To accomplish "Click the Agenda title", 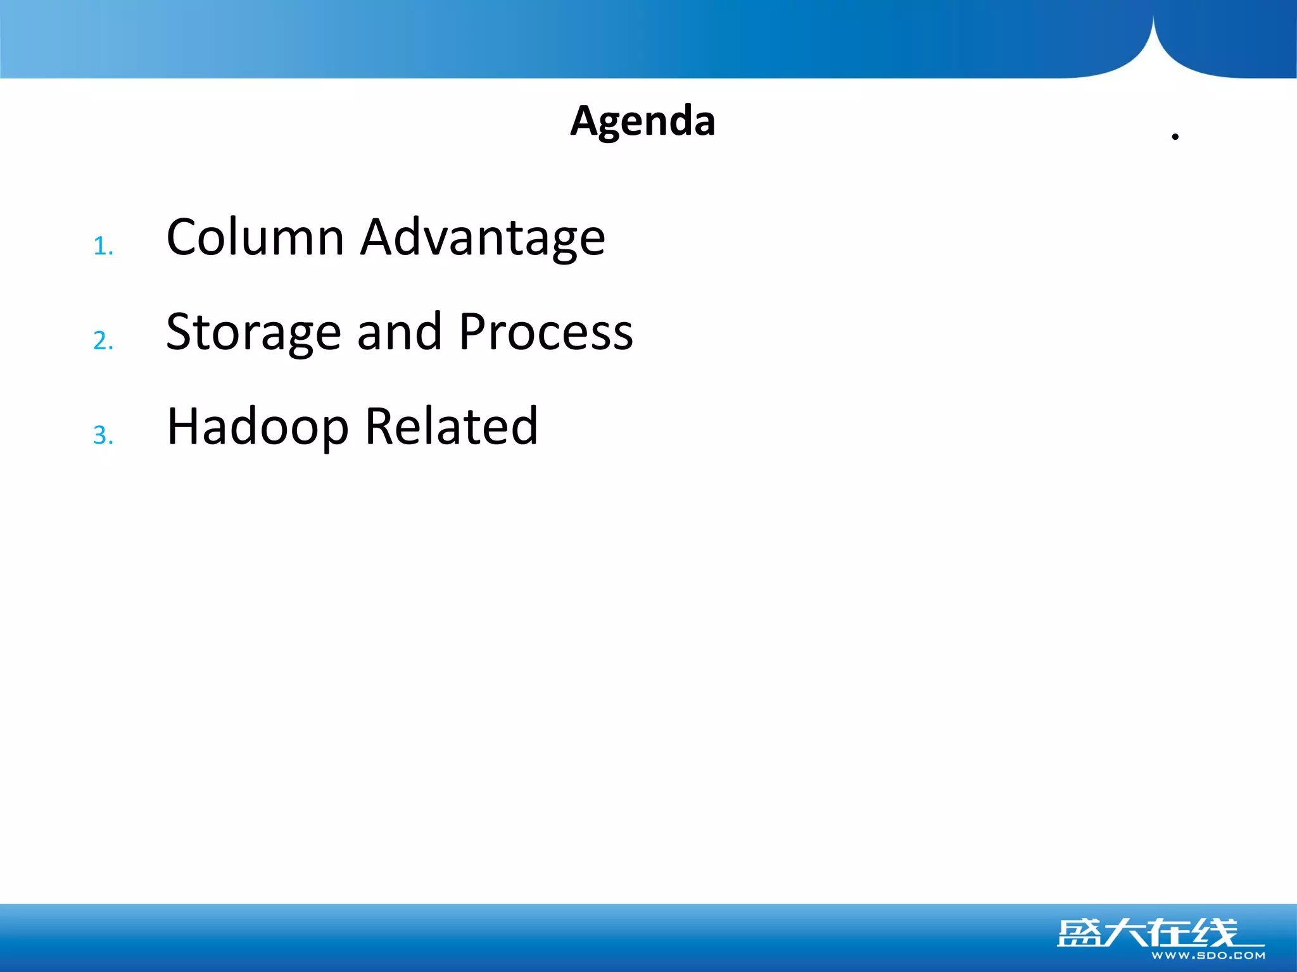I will tap(642, 121).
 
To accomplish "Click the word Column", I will tap(255, 237).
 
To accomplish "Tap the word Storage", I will tap(253, 333).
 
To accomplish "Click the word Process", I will tap(545, 332).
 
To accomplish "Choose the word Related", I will tap(452, 427).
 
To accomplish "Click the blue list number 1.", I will tap(102, 246).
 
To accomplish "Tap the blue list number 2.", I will tap(103, 341).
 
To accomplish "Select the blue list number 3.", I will tap(103, 435).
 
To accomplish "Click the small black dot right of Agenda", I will tap(1175, 137).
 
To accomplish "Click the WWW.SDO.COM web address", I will tap(1208, 956).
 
